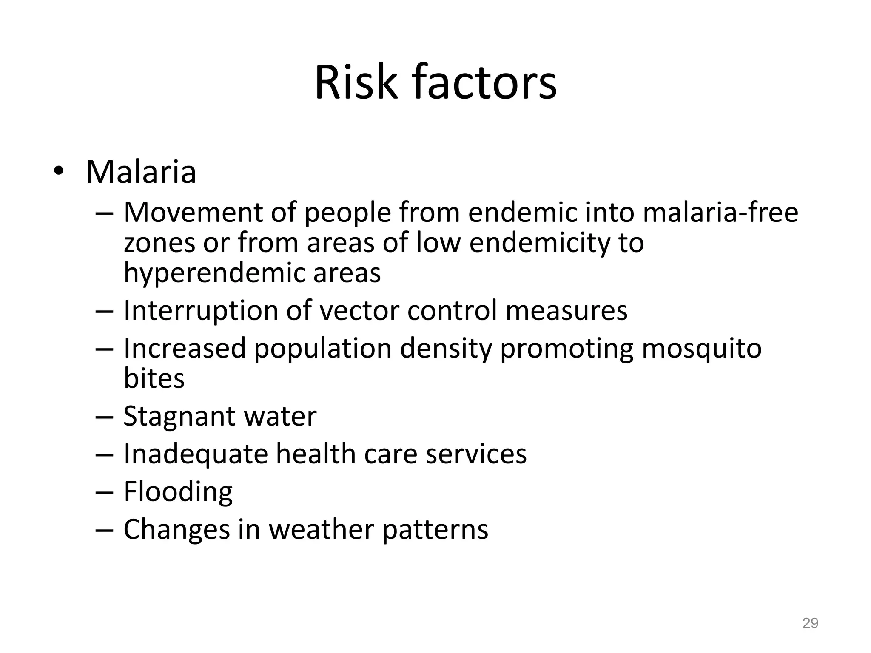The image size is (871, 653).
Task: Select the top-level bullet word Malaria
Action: coord(141,172)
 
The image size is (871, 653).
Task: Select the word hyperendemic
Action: coord(214,273)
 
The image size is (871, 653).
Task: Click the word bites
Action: coord(154,378)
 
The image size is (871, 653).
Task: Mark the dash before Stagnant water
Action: coord(104,417)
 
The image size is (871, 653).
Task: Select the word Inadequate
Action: coord(196,454)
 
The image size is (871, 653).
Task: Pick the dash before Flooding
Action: coord(104,492)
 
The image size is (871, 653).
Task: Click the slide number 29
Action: coord(810,623)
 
